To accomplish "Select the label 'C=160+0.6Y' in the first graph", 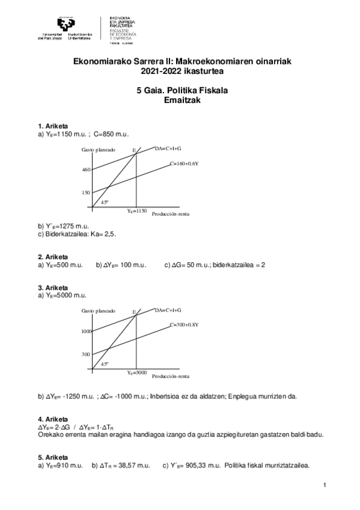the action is pyautogui.click(x=184, y=164).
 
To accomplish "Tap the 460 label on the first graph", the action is pyautogui.click(x=85, y=170).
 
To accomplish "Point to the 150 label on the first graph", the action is pyautogui.click(x=85, y=192).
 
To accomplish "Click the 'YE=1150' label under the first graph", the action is pyautogui.click(x=137, y=211).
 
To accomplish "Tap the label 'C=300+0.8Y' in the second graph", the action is pyautogui.click(x=184, y=325).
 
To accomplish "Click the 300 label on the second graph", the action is pyautogui.click(x=85, y=354).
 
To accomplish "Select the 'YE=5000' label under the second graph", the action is pyautogui.click(x=137, y=373).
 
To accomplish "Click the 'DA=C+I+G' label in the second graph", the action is pyautogui.click(x=168, y=309).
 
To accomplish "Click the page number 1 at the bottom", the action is pyautogui.click(x=323, y=485).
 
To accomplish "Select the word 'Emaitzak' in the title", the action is pyautogui.click(x=180, y=101).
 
